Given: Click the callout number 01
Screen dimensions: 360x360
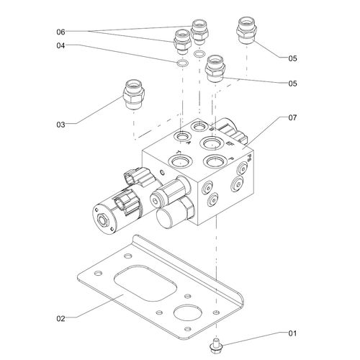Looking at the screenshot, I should coord(292,333).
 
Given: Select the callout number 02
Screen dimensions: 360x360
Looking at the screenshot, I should coord(61,316).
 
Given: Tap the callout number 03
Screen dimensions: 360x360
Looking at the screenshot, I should coord(60,125).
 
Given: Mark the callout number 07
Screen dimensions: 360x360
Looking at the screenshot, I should coord(292,117).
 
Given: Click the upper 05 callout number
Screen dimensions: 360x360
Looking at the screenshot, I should coord(292,57).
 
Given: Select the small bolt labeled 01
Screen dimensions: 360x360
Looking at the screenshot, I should coord(215,345).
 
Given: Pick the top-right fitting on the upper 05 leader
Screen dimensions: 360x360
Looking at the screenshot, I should coord(246,31).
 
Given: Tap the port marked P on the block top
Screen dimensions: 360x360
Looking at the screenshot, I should coord(213,161).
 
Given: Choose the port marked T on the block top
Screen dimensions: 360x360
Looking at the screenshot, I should coord(177,156).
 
